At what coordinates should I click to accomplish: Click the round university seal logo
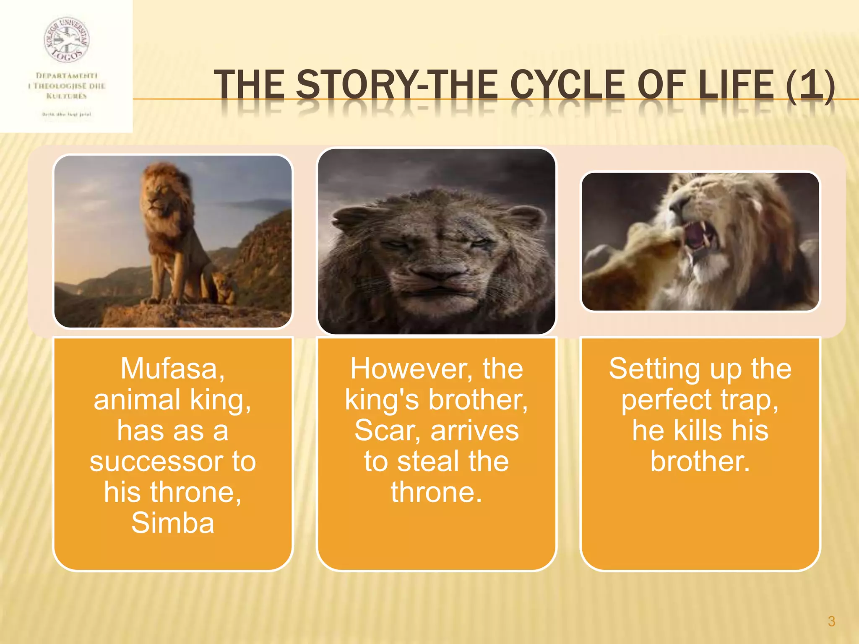click(67, 40)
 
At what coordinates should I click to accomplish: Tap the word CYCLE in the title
click(567, 85)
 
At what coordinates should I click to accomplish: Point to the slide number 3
click(831, 621)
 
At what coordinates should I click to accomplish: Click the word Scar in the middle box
click(385, 431)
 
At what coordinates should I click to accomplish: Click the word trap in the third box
click(748, 400)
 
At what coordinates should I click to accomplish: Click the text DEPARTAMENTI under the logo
click(67, 75)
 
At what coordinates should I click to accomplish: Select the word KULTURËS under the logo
click(67, 96)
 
